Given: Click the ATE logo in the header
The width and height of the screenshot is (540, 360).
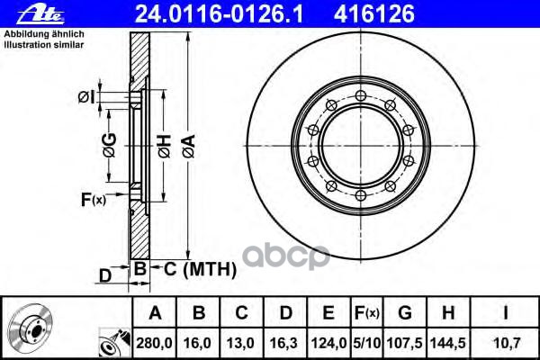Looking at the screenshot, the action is click(x=40, y=15).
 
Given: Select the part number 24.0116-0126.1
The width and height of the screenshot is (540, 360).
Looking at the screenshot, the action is click(x=219, y=14).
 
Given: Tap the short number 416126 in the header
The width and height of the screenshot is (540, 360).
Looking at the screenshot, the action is click(x=374, y=14).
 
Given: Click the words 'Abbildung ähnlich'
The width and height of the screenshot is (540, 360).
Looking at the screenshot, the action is click(x=44, y=34).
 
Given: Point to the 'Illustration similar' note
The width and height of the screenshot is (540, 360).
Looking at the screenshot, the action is click(x=44, y=45).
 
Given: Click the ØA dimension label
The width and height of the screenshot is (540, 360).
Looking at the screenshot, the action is click(x=189, y=146).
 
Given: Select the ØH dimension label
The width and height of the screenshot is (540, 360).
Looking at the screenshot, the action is click(x=165, y=146).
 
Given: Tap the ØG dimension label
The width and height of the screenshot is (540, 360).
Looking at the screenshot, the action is click(x=110, y=146).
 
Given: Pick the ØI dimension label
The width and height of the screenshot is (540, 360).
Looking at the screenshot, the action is click(x=86, y=97).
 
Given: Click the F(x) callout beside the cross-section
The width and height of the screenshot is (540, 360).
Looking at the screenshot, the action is click(x=94, y=200).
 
